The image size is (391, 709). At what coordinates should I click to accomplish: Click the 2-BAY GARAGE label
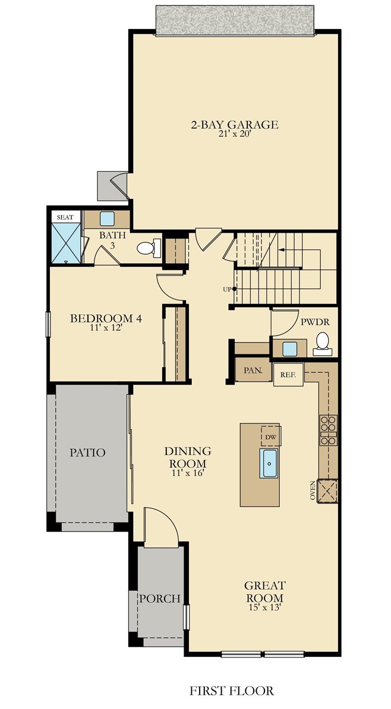pyautogui.click(x=234, y=124)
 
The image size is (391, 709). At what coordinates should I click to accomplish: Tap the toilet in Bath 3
pyautogui.click(x=149, y=248)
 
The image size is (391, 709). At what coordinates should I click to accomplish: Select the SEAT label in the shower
pyautogui.click(x=65, y=217)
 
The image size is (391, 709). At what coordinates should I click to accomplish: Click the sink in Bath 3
pyautogui.click(x=107, y=219)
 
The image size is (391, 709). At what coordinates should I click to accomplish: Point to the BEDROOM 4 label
pyautogui.click(x=106, y=318)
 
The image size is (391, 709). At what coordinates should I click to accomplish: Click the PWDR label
pyautogui.click(x=315, y=322)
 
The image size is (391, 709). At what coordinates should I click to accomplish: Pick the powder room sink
pyautogui.click(x=289, y=349)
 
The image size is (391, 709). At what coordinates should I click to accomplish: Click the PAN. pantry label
pyautogui.click(x=253, y=371)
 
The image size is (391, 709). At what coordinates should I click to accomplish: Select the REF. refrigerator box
pyautogui.click(x=288, y=375)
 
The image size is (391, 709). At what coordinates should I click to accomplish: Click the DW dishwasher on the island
pyautogui.click(x=270, y=437)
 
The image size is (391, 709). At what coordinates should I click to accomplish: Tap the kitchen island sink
pyautogui.click(x=269, y=463)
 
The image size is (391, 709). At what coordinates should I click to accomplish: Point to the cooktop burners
pyautogui.click(x=329, y=430)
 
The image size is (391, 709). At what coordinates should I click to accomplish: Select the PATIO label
pyautogui.click(x=88, y=452)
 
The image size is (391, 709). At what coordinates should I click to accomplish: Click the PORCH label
pyautogui.click(x=160, y=599)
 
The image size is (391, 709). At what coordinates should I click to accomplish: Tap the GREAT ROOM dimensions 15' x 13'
pyautogui.click(x=265, y=608)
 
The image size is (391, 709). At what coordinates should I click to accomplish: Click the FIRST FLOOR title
pyautogui.click(x=232, y=691)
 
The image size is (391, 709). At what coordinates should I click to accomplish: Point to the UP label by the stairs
pyautogui.click(x=227, y=289)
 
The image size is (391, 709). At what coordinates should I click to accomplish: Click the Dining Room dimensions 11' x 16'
pyautogui.click(x=188, y=473)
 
